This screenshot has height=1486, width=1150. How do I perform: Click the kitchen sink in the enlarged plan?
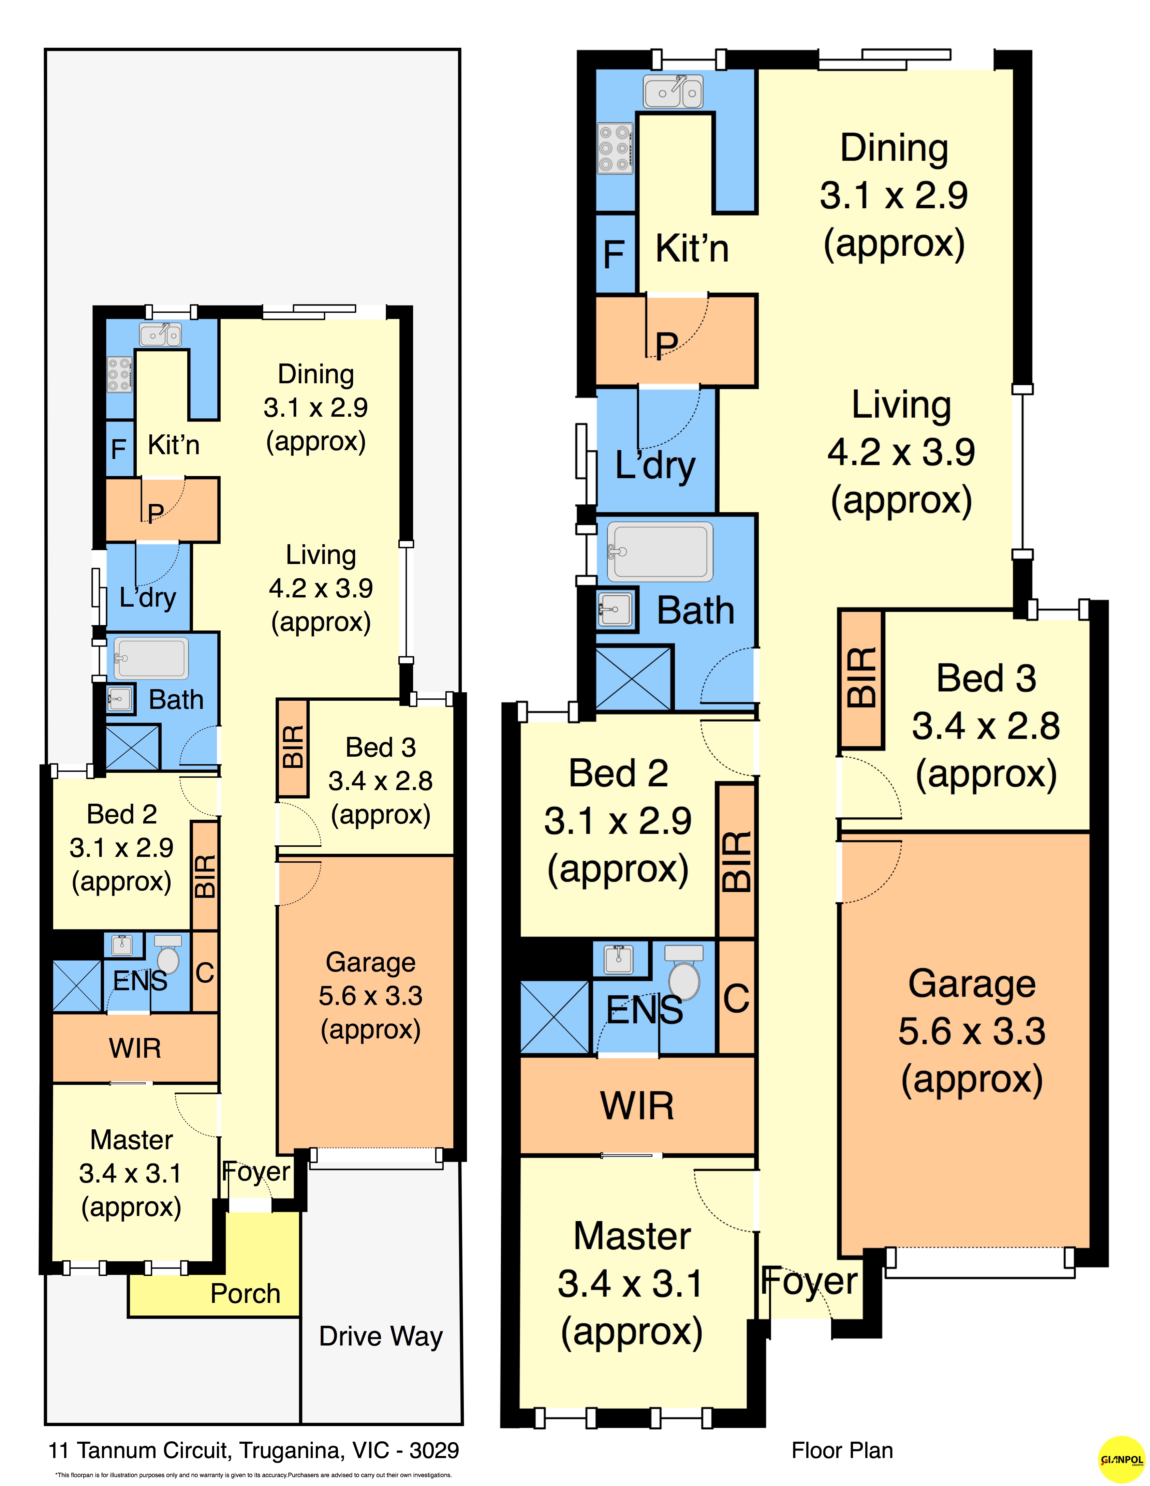(673, 92)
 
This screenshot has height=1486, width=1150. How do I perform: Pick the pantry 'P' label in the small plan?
(156, 512)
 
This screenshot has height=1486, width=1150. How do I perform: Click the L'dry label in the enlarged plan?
(655, 467)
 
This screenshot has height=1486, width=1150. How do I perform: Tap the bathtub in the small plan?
(150, 658)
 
